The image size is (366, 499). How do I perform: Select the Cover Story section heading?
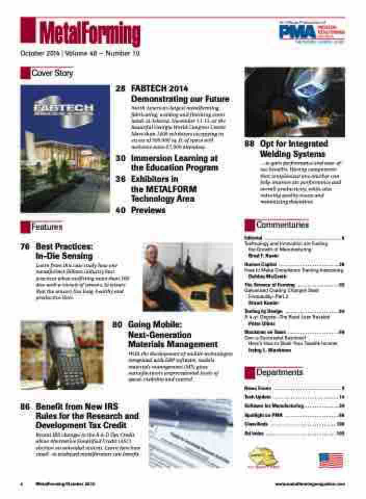tap(52, 73)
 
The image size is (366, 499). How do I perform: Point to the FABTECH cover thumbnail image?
tap(65, 149)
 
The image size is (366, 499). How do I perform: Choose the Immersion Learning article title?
tap(174, 163)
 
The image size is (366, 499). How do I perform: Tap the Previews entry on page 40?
tap(148, 210)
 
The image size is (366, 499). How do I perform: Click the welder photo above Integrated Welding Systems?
tap(294, 102)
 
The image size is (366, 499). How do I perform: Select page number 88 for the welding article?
tap(249, 143)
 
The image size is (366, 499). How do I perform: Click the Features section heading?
tap(47, 227)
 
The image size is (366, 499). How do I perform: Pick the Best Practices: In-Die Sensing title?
tap(64, 252)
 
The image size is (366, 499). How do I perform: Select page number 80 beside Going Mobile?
tap(117, 325)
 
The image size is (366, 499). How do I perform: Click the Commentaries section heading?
tap(282, 225)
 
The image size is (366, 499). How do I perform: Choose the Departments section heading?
tap(279, 373)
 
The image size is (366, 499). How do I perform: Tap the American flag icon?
tap(331, 461)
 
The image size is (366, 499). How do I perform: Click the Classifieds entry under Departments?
tap(255, 424)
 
